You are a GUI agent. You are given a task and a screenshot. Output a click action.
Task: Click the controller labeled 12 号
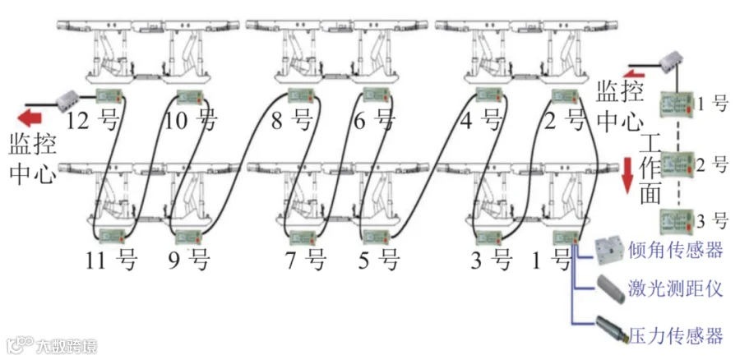(x=109, y=96)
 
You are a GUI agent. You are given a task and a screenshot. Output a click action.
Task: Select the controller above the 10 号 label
(x=190, y=96)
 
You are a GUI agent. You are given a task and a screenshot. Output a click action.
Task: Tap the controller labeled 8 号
(x=301, y=95)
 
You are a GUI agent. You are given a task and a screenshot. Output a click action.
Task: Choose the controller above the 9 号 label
(x=188, y=237)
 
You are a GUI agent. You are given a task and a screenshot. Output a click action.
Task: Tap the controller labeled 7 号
(x=303, y=236)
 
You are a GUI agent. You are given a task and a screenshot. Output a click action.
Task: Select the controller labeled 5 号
(x=377, y=237)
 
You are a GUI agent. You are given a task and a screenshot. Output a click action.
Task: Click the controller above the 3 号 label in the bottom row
(x=489, y=236)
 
